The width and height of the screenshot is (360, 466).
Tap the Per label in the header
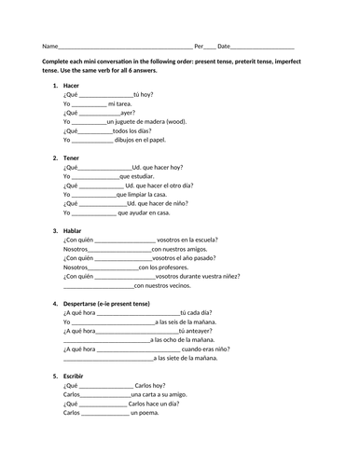click(199, 46)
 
